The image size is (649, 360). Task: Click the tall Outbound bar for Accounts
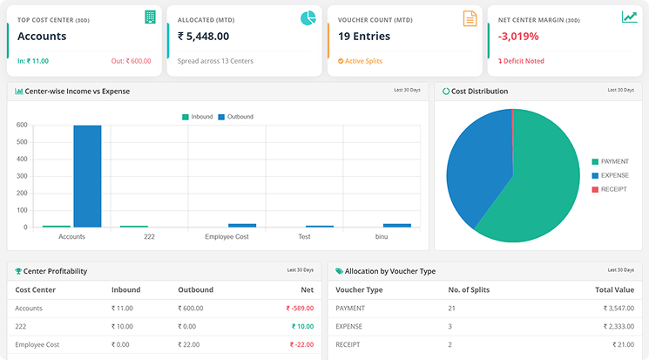coord(87,176)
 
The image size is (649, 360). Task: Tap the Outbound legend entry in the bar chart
coord(235,117)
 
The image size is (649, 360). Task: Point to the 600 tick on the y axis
coord(22,126)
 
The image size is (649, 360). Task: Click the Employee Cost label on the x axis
coord(226,236)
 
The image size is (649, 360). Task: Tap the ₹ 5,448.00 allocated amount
coord(203,37)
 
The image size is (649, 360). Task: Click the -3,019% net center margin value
coord(518,37)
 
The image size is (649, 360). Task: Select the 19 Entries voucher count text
coord(363,37)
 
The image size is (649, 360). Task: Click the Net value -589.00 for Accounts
coord(300,308)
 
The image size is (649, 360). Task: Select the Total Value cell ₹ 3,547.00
coord(615,308)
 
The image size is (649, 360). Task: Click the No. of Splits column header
coord(471,289)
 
